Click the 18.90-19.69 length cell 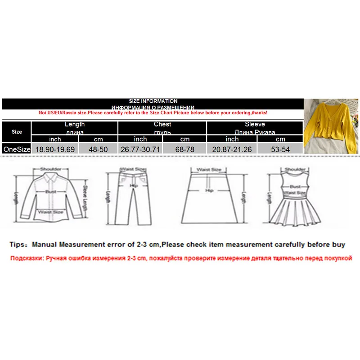(x=55, y=148)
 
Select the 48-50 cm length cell (x=98, y=148)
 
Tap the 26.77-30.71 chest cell (x=140, y=148)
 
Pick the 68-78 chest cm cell (x=184, y=148)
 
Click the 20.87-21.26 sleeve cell (x=232, y=148)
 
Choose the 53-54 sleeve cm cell (x=280, y=148)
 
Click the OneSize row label (x=17, y=148)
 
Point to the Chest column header (x=162, y=127)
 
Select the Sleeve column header (x=255, y=127)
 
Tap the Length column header (x=75, y=127)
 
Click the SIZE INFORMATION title (x=153, y=101)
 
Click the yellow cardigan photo (x=332, y=126)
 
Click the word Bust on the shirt (x=50, y=191)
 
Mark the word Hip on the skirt (x=208, y=191)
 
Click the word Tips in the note (x=19, y=244)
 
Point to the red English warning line (x=153, y=112)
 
